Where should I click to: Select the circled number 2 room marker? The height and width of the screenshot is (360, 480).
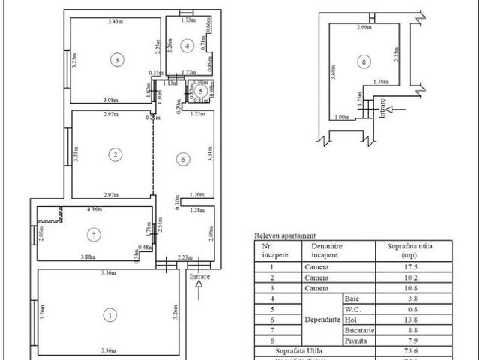click(x=115, y=155)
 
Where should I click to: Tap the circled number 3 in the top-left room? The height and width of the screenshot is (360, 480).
click(x=116, y=58)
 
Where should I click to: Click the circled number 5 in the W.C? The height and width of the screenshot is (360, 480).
click(x=199, y=91)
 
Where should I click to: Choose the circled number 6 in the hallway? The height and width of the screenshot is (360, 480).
click(x=182, y=159)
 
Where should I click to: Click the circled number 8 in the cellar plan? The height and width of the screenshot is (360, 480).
click(x=363, y=61)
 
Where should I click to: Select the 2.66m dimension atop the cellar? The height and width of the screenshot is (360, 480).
click(x=364, y=27)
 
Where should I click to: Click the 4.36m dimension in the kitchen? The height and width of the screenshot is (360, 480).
click(x=96, y=210)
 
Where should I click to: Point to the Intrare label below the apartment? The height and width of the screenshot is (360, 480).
click(x=200, y=277)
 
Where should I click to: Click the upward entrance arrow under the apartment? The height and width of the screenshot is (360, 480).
click(x=199, y=291)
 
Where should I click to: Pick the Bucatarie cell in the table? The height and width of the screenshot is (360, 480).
click(x=358, y=329)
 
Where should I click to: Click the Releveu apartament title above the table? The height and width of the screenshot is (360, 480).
click(x=286, y=235)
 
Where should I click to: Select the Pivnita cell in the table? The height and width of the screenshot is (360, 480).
click(x=358, y=340)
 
